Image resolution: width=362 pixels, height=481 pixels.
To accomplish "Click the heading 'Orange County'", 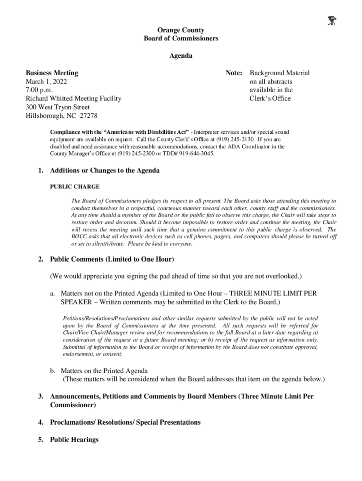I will tap(181, 30).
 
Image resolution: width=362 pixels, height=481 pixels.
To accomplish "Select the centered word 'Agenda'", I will tap(181, 55).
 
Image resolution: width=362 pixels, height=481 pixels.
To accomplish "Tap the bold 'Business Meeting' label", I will tap(52, 73).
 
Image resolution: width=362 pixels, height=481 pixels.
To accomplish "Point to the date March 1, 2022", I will tap(46, 81).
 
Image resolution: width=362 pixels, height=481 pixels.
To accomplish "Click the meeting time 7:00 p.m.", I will tap(39, 90).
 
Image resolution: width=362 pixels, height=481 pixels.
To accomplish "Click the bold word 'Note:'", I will tap(234, 73).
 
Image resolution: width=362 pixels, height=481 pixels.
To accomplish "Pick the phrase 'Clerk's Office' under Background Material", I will tap(270, 98).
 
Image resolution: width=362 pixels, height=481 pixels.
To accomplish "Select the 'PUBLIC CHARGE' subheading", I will tap(75, 186).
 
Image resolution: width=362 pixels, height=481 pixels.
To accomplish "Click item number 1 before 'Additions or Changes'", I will tap(41, 171).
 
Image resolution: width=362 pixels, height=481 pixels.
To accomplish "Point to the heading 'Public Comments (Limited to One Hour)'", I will tap(112, 259).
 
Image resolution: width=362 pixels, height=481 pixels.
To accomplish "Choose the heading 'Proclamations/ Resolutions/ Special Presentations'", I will tap(125, 422).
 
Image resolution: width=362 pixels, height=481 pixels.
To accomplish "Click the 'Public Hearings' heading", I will tap(74, 440).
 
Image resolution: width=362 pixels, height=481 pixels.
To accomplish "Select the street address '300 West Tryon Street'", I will tap(57, 107).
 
